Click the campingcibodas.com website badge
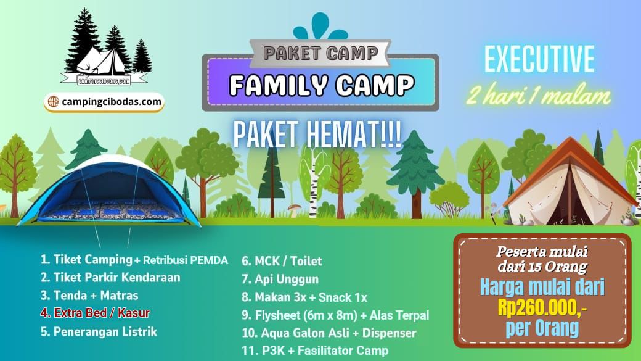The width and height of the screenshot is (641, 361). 104,102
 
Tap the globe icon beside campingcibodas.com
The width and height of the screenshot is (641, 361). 53,101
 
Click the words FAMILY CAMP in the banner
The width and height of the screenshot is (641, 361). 322,85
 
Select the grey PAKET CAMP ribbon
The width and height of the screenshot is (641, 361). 320,53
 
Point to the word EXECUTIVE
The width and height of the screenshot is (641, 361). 540,60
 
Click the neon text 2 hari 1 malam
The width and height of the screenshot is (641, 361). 539,96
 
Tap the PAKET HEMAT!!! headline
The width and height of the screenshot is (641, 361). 317,135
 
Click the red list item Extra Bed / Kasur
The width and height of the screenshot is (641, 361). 96,313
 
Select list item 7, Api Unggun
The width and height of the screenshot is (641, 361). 280,279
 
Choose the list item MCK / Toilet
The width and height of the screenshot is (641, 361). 282,261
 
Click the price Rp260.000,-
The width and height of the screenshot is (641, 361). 542,309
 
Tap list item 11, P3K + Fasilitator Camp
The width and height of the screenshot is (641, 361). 315,351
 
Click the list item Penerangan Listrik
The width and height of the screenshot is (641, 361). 99,331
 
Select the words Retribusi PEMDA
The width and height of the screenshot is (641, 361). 186,260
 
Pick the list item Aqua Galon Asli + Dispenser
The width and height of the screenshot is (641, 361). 329,333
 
